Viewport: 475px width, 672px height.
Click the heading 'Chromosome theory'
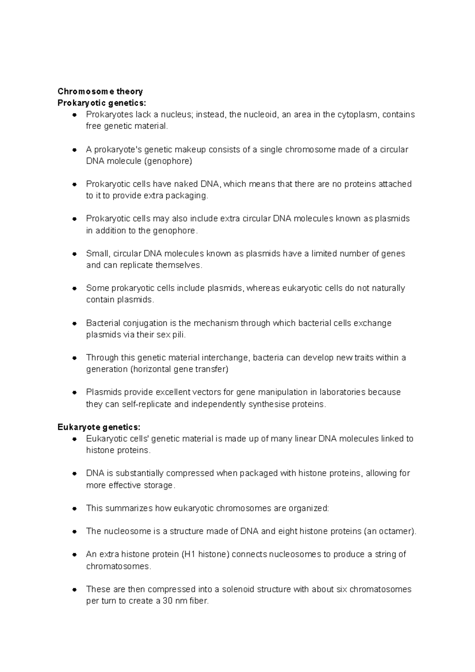pos(100,91)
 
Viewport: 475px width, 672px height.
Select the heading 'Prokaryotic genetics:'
pos(102,103)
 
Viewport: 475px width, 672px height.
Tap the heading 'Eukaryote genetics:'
pos(99,427)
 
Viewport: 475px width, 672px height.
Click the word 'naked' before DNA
pos(186,184)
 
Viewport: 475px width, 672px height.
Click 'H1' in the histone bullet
pos(189,554)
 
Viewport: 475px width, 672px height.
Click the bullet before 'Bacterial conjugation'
pos(74,323)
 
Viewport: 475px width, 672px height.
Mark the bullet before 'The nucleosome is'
pos(74,532)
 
